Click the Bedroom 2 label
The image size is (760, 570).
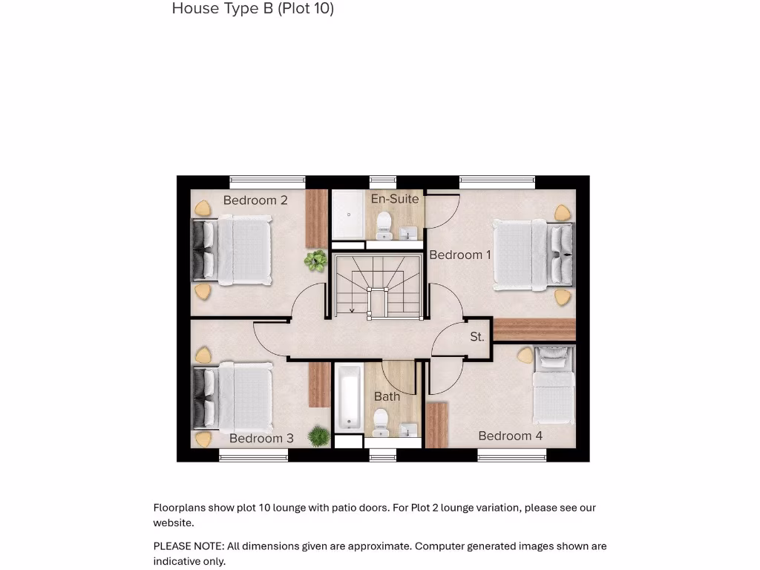point(255,200)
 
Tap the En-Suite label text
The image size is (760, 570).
point(395,199)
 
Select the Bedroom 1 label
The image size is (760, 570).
point(460,255)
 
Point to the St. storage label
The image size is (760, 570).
point(477,337)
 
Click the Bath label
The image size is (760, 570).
point(387,396)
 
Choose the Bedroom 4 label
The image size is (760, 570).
point(510,436)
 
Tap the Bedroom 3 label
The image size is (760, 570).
point(261,439)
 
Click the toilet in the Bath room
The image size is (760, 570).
point(380,421)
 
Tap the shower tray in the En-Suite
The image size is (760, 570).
point(348,214)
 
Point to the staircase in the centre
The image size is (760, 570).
point(376,286)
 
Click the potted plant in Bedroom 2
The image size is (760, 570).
point(316,260)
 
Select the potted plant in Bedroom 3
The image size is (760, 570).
point(320,436)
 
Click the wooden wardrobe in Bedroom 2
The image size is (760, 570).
point(317,218)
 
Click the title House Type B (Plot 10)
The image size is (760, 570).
point(252,9)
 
